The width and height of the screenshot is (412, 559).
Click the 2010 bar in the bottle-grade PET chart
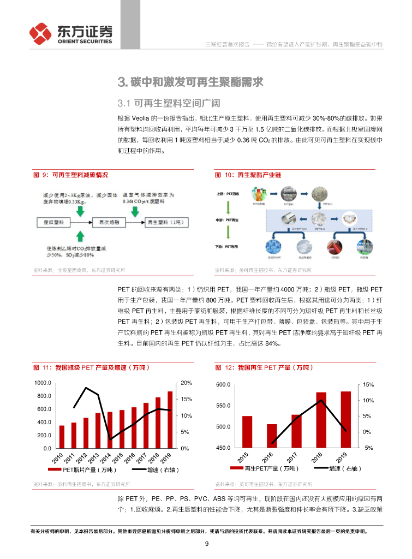pyautogui.click(x=62, y=437)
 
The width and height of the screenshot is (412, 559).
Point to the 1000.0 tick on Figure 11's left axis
pyautogui.click(x=43, y=383)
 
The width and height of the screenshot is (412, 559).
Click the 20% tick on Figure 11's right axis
pyautogui.click(x=186, y=383)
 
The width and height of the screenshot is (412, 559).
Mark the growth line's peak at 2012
pyautogui.click(x=86, y=388)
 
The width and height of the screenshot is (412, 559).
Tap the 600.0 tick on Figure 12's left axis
pyautogui.click(x=224, y=385)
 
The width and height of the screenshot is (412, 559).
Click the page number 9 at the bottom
pyautogui.click(x=206, y=543)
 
